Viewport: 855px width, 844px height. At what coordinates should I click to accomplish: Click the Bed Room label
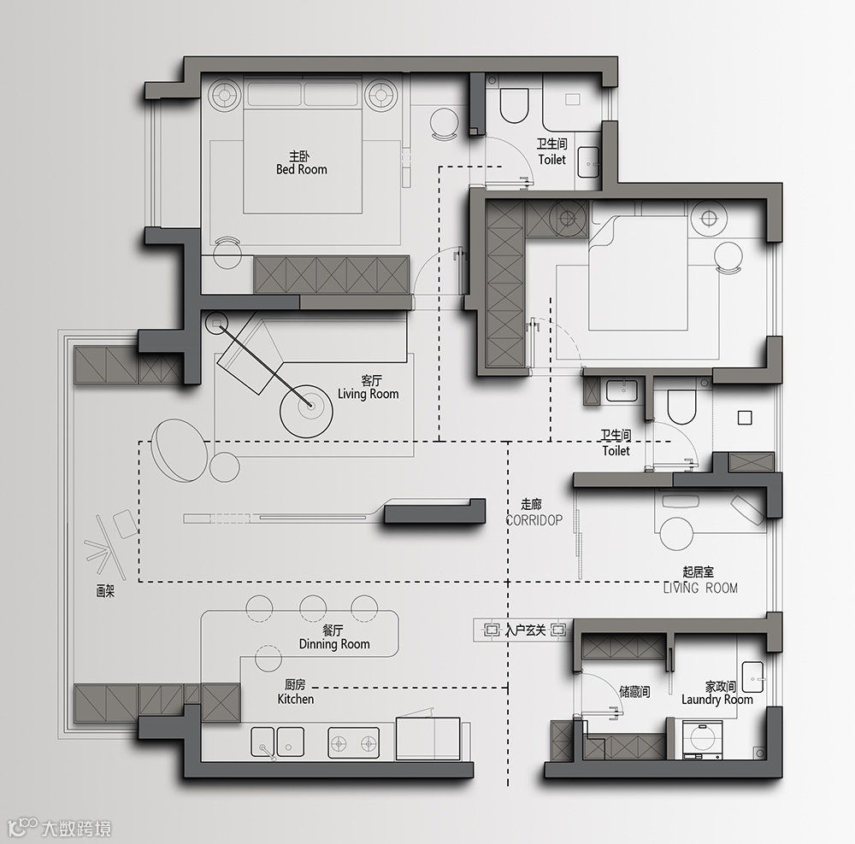tap(302, 169)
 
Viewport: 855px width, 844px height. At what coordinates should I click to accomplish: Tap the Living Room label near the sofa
tap(368, 394)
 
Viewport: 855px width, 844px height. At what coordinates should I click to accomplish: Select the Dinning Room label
tap(334, 644)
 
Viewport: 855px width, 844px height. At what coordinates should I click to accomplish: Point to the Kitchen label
tap(296, 699)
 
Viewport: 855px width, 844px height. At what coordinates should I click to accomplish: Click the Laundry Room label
tap(717, 700)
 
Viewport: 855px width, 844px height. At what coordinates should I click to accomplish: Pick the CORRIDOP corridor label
tap(534, 520)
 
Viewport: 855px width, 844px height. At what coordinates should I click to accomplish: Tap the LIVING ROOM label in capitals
tap(700, 588)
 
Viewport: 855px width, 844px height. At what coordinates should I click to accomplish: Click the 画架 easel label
tap(105, 592)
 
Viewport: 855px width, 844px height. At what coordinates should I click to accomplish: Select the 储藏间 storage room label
tap(634, 692)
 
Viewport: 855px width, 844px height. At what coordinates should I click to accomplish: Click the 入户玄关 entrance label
tap(525, 630)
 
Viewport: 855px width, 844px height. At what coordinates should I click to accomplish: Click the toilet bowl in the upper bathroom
tap(514, 104)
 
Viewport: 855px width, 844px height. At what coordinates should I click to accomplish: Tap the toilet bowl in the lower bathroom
tap(681, 406)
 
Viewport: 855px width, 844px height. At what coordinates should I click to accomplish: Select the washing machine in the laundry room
tap(702, 740)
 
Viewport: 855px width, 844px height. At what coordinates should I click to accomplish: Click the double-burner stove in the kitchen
tap(354, 742)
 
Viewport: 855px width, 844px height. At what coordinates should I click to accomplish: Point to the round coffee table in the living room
tap(306, 411)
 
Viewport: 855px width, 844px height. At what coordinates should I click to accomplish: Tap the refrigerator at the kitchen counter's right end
tap(428, 738)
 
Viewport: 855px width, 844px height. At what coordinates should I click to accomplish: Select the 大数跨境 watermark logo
tap(60, 829)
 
